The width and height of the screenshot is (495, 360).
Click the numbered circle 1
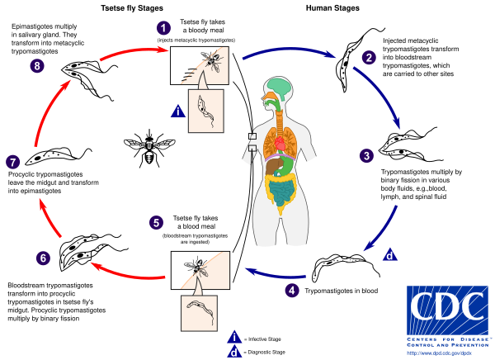click(x=163, y=28)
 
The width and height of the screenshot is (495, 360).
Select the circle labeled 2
click(x=369, y=57)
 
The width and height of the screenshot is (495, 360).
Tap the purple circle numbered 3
click(x=366, y=155)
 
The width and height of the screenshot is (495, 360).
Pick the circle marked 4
click(x=292, y=290)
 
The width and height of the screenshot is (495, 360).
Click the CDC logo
click(x=447, y=310)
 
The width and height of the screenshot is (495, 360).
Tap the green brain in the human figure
click(x=281, y=88)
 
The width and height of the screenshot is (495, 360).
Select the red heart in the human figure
click(x=280, y=145)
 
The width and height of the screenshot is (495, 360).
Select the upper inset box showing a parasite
click(x=205, y=111)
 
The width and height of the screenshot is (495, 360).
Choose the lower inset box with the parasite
click(x=199, y=312)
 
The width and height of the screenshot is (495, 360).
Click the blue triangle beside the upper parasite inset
click(x=177, y=111)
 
